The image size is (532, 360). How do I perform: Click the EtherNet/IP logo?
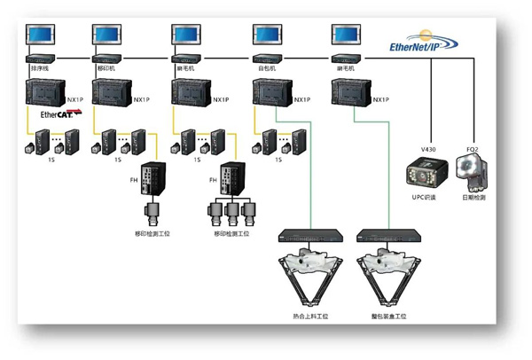[425, 44]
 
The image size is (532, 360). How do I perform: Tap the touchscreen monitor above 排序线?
[40, 35]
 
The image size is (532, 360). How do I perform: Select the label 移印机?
[105, 67]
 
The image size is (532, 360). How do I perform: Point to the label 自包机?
[265, 67]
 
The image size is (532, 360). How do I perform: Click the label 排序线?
[39, 67]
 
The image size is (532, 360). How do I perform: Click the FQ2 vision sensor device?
[471, 170]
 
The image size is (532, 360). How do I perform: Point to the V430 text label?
[430, 147]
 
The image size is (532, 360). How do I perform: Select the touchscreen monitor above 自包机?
[267, 35]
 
